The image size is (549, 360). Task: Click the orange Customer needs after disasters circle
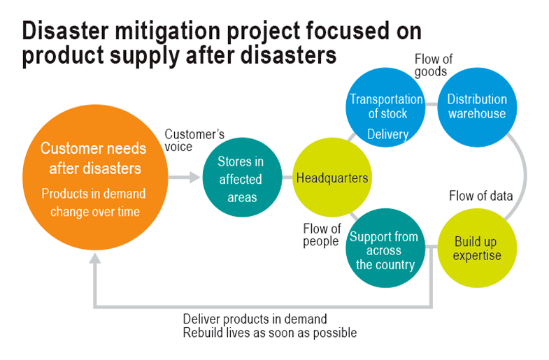pyautogui.click(x=95, y=178)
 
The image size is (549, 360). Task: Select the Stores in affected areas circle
pyautogui.click(x=242, y=178)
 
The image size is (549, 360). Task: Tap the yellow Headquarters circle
pyautogui.click(x=332, y=178)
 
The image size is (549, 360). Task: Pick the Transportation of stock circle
pyautogui.click(x=386, y=108)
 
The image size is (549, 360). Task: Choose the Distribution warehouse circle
pyautogui.click(x=477, y=108)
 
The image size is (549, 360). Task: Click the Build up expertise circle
pyautogui.click(x=477, y=248)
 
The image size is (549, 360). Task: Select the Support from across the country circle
pyautogui.click(x=385, y=248)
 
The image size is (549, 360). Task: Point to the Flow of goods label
pyautogui.click(x=434, y=66)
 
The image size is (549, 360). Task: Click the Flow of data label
pyautogui.click(x=480, y=196)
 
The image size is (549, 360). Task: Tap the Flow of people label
pyautogui.click(x=322, y=235)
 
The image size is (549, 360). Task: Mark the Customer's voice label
pyautogui.click(x=194, y=141)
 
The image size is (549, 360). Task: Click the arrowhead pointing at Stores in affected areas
pyautogui.click(x=194, y=178)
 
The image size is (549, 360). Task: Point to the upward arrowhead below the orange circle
pyautogui.click(x=95, y=258)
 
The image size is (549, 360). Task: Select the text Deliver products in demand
pyautogui.click(x=255, y=319)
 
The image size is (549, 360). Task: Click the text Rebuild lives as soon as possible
pyautogui.click(x=270, y=333)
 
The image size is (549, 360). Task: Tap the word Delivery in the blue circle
pyautogui.click(x=388, y=134)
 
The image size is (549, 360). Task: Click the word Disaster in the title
pyautogui.click(x=66, y=31)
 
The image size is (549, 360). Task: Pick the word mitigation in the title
pyautogui.click(x=168, y=31)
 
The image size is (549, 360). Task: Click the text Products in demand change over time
pyautogui.click(x=94, y=203)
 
